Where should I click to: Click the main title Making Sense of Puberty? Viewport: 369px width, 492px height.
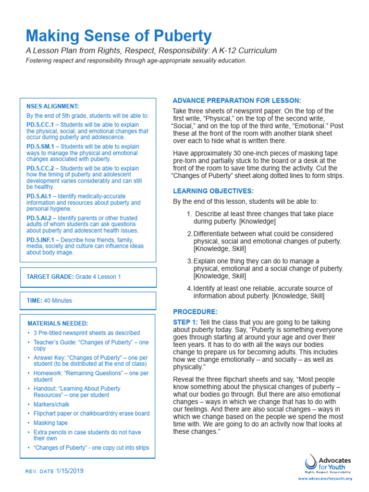click(118, 36)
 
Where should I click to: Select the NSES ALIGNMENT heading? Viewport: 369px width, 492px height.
click(53, 106)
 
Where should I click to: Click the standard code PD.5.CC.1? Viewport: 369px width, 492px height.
click(40, 124)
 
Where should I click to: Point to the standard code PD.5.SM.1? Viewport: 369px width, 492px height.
click(40, 147)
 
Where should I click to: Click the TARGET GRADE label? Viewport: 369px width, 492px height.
click(49, 277)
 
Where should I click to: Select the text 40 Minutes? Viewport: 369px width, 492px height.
click(58, 301)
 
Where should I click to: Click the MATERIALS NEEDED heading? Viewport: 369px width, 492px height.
click(57, 323)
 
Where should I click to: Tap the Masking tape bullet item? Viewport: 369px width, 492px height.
click(50, 423)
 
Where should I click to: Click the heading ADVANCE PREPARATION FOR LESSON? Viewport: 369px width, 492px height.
click(236, 100)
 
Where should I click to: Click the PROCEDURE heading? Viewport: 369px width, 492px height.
click(195, 312)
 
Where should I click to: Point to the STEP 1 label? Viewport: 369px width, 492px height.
click(185, 322)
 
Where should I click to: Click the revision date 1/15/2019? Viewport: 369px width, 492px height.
click(70, 471)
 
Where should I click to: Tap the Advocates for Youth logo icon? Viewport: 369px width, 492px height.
click(311, 462)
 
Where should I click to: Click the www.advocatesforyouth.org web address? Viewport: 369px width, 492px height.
click(325, 479)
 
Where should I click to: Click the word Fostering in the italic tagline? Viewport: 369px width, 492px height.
click(39, 61)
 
